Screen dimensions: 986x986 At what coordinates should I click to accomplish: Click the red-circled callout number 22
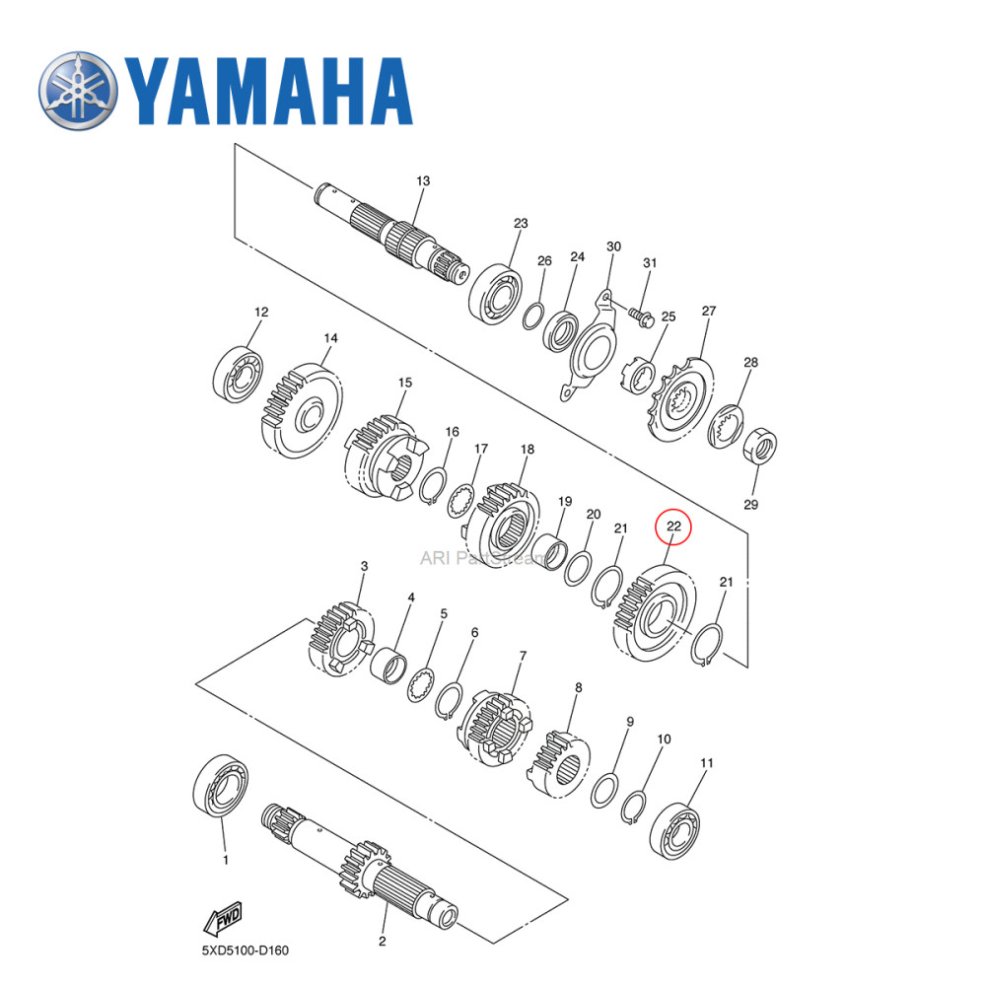673,527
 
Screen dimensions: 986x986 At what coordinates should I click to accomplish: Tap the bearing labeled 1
218,789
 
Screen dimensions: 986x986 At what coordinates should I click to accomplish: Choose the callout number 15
404,383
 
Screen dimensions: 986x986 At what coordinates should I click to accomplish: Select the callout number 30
613,246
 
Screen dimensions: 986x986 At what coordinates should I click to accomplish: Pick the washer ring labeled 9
604,791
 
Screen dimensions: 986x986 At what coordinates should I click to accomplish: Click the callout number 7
523,655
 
